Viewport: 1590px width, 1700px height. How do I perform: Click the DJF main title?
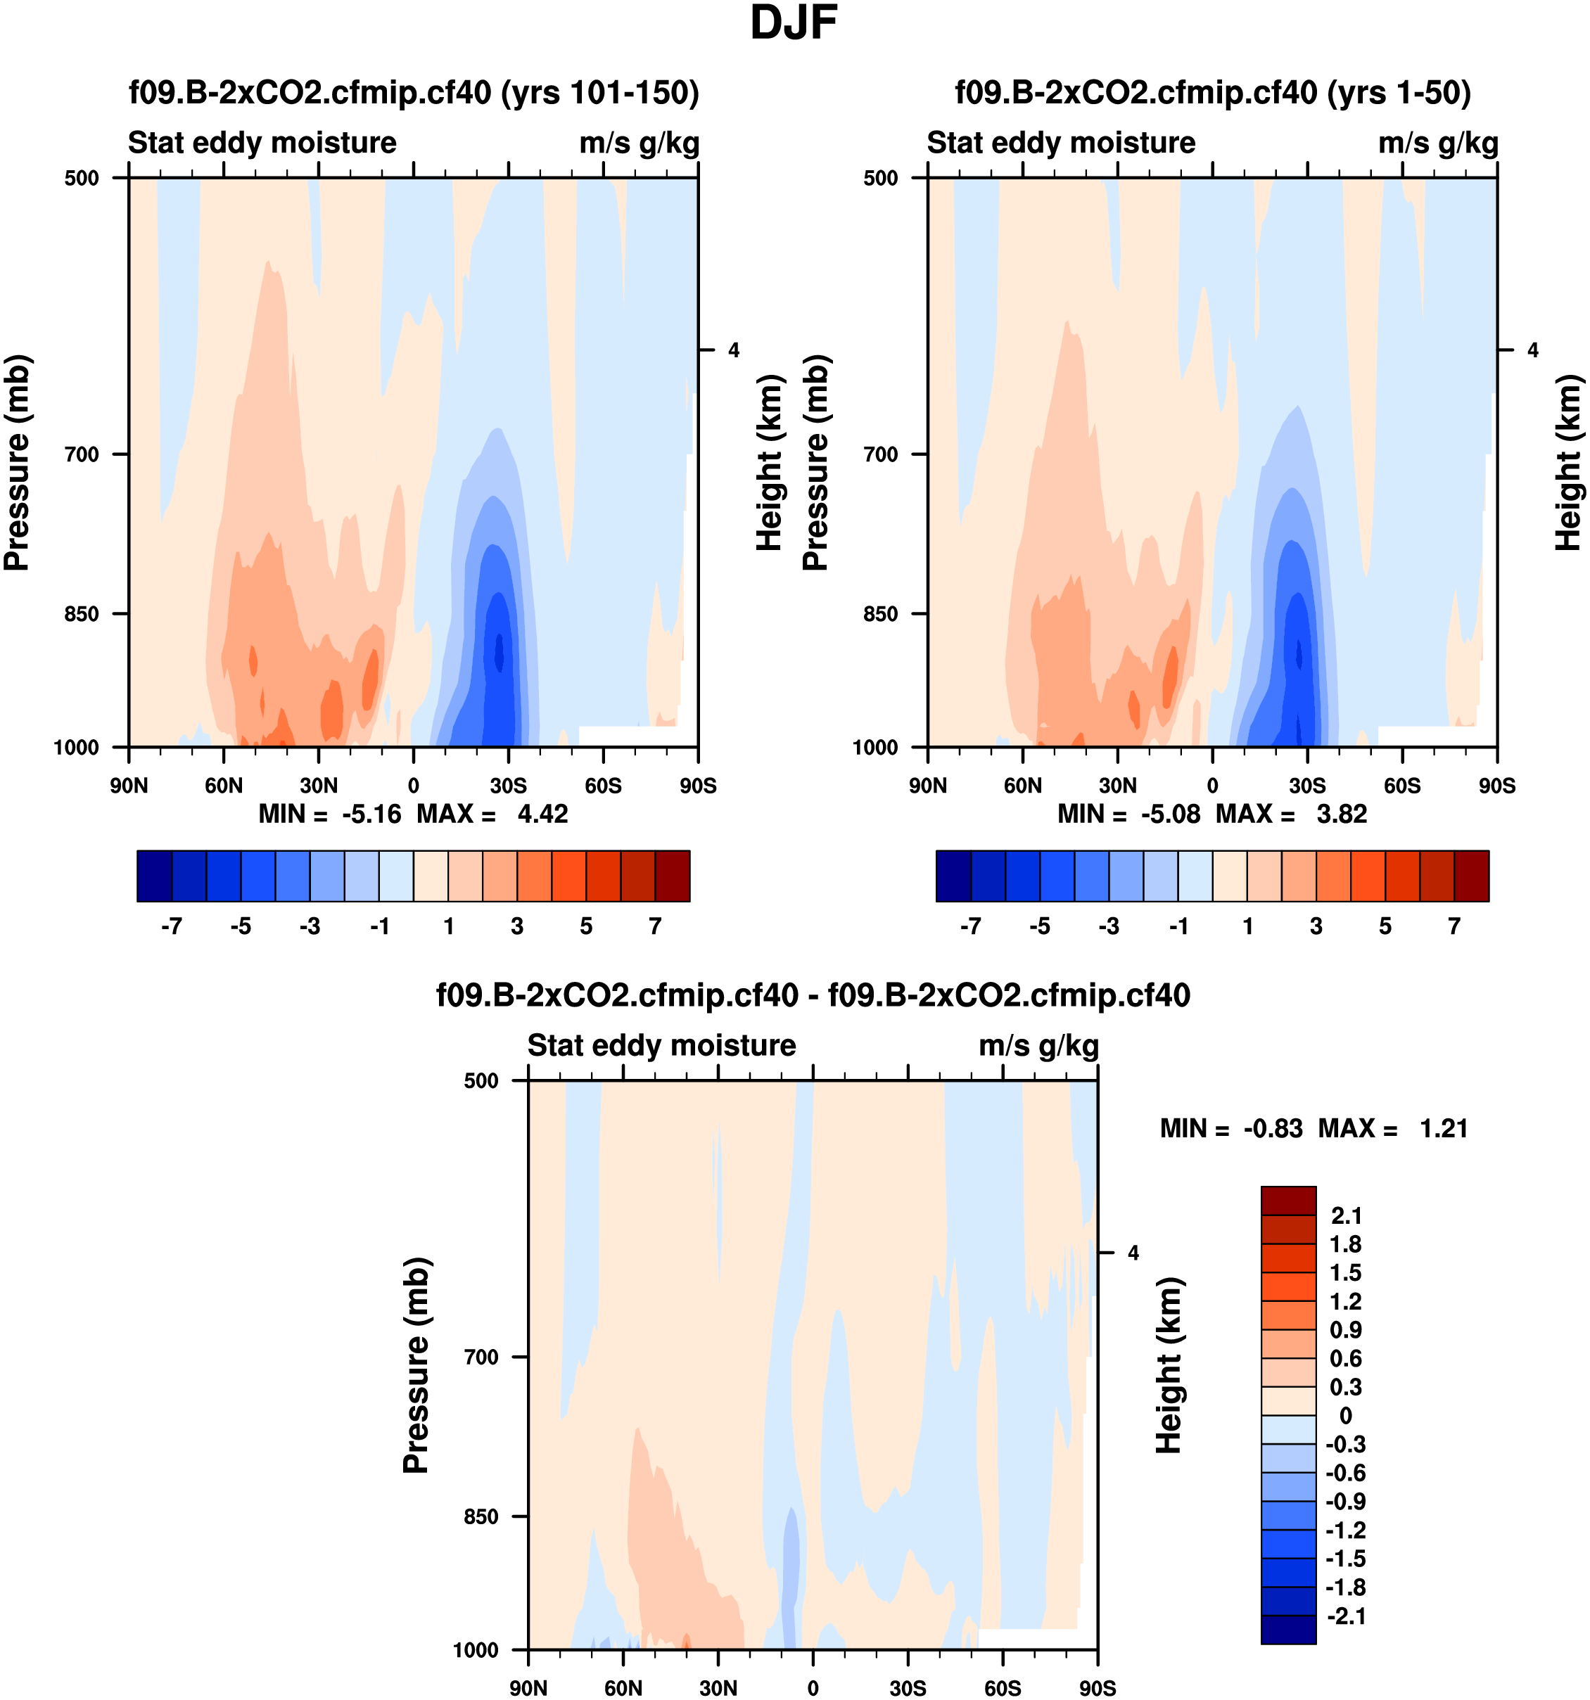pyautogui.click(x=793, y=23)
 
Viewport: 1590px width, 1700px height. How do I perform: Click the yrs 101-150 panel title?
pyautogui.click(x=414, y=91)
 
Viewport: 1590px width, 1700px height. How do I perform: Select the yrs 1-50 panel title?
pyautogui.click(x=1213, y=91)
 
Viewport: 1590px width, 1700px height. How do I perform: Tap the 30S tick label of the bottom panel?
pyautogui.click(x=908, y=1687)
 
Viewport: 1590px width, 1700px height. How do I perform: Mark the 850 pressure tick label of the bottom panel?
pyautogui.click(x=481, y=1516)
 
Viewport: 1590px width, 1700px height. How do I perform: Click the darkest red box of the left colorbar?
pyautogui.click(x=673, y=876)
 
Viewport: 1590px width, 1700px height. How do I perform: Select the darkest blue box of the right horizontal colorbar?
pyautogui.click(x=954, y=876)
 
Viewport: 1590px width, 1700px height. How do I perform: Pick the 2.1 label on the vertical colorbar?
pyautogui.click(x=1345, y=1215)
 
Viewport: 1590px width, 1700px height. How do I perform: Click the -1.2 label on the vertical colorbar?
pyautogui.click(x=1344, y=1530)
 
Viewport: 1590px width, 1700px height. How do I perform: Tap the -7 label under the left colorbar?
pyautogui.click(x=171, y=926)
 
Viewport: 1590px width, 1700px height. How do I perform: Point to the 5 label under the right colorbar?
pyautogui.click(x=1385, y=926)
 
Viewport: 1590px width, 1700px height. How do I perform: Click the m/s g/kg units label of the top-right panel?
pyautogui.click(x=1438, y=143)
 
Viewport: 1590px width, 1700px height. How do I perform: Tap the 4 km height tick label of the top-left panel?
pyautogui.click(x=734, y=350)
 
